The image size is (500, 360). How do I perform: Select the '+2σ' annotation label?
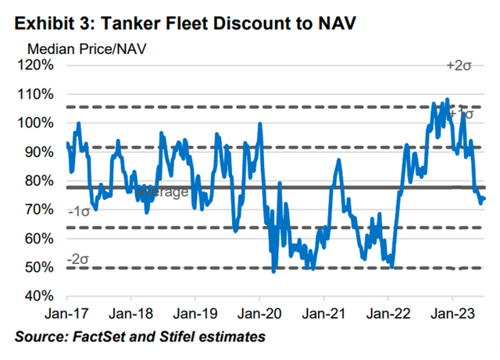(x=458, y=66)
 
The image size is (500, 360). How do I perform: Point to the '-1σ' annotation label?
(x=80, y=212)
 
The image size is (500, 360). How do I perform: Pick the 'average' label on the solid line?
(x=162, y=192)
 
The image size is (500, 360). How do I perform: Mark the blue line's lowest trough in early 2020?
(x=273, y=271)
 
